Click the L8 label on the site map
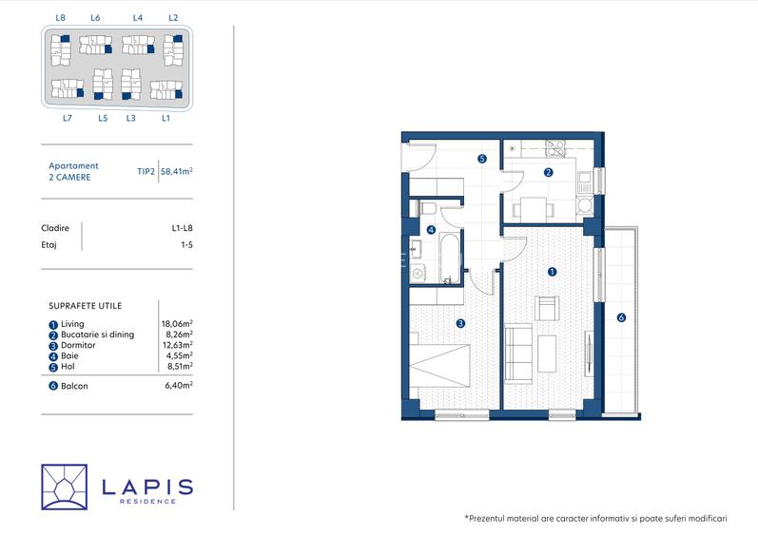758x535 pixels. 61,18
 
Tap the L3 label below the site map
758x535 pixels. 131,118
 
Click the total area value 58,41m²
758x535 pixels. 178,171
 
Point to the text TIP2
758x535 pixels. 146,171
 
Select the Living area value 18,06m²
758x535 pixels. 177,324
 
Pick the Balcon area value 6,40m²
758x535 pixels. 179,386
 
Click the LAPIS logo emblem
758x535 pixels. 64,487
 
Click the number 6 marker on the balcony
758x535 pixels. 621,317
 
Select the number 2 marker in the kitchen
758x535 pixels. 548,173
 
